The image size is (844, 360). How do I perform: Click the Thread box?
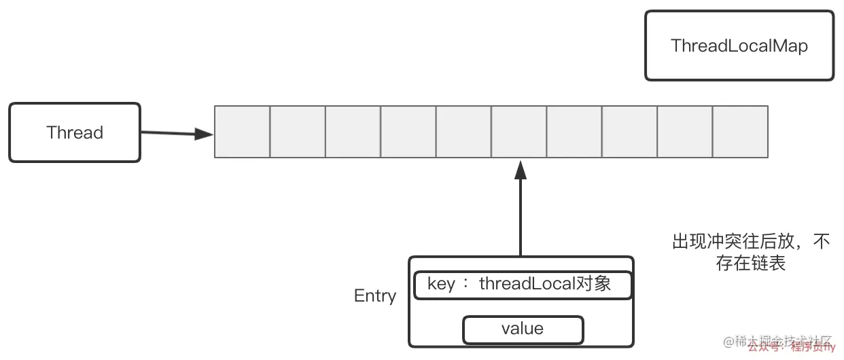75,132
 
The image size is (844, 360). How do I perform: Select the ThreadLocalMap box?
739,46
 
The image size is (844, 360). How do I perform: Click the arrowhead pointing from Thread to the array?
203,134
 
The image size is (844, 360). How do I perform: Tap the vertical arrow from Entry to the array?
521,211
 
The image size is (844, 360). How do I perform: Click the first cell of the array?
243,132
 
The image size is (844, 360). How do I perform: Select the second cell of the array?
298,132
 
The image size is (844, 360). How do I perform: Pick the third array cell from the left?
353,132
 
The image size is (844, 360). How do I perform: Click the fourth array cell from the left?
408,132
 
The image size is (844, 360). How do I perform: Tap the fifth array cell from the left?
463,132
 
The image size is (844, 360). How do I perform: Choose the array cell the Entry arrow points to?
519,132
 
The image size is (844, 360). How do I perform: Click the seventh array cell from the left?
574,132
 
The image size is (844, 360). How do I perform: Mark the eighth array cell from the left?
629,132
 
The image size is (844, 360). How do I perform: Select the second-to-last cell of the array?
685,132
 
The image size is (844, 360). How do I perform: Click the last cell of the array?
740,132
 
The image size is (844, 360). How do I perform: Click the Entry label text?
375,296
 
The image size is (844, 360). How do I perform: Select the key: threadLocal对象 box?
523,285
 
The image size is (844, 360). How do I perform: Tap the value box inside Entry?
523,329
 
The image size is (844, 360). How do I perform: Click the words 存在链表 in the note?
751,264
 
